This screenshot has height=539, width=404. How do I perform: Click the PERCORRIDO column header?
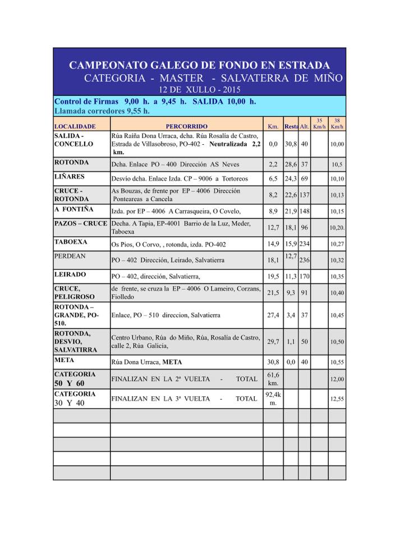[186, 126]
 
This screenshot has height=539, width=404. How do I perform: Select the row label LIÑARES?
[70, 176]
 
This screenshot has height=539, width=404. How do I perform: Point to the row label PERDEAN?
[71, 255]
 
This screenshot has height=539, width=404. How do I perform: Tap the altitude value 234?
[304, 244]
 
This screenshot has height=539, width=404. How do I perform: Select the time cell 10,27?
[337, 244]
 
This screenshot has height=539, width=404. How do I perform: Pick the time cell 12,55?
[337, 399]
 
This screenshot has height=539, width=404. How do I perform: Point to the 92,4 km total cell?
[273, 399]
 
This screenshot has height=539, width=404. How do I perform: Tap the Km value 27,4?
[273, 316]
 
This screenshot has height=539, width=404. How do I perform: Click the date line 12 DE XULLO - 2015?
[199, 89]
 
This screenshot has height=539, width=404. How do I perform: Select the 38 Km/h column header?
[337, 124]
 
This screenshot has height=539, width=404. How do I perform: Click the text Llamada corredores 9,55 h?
[102, 111]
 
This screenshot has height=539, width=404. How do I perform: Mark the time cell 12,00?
[337, 380]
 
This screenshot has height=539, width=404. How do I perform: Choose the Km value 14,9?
[273, 244]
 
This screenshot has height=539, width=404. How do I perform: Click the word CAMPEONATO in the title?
[107, 66]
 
